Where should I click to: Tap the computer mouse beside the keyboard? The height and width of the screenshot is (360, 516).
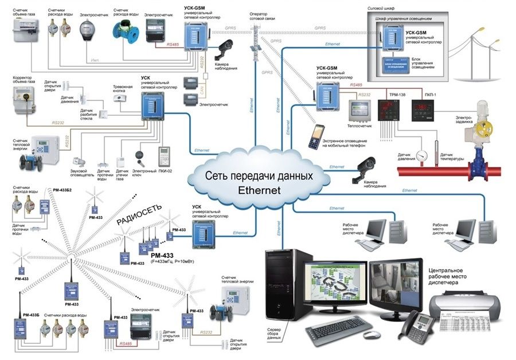[x=370, y=334]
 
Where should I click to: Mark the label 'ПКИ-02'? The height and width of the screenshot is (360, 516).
[x=167, y=171]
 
